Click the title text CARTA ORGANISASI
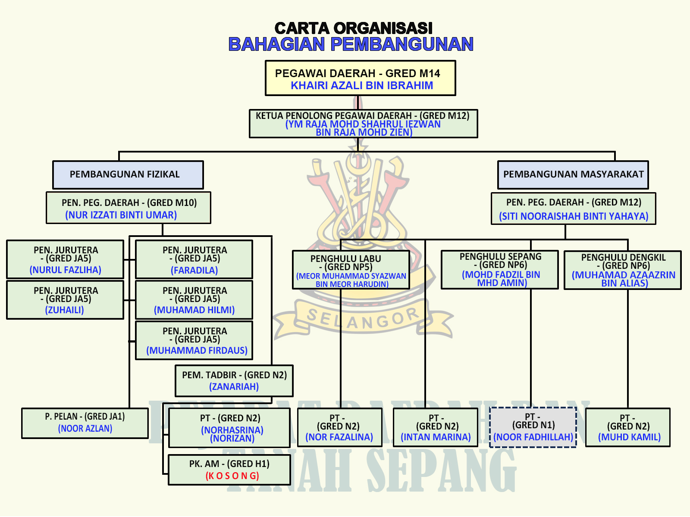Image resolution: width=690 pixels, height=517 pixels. tap(353, 28)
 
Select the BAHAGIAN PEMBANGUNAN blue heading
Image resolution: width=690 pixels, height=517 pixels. tap(351, 44)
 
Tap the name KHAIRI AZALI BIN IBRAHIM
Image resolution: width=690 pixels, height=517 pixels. tap(362, 85)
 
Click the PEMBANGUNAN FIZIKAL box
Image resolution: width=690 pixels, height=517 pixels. tap(128, 174)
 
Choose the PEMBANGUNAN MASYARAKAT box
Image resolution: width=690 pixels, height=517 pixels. tap(573, 174)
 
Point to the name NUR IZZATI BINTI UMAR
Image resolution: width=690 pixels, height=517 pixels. tap(121, 215)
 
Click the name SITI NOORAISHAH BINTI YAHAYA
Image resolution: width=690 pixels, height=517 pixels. tap(574, 216)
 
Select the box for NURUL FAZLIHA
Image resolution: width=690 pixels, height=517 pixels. tap(65, 259)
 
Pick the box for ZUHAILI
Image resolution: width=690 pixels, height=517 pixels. tap(65, 300)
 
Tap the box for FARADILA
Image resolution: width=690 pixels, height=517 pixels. tap(194, 259)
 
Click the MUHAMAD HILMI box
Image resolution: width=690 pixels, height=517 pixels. tap(194, 300)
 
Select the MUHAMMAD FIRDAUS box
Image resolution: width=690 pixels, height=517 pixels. tap(194, 340)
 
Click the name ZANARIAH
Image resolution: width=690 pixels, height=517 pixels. tap(234, 387)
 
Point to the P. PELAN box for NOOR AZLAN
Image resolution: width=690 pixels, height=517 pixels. tap(85, 423)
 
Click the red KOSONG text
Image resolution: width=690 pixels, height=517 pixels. tap(232, 476)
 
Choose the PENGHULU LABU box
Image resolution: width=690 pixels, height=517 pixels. tap(351, 270)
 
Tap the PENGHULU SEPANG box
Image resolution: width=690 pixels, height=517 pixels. tap(499, 270)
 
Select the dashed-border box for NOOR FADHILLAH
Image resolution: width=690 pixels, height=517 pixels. tap(533, 427)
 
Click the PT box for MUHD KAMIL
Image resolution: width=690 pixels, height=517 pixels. tap(628, 427)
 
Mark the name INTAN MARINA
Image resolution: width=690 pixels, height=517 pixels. tap(436, 437)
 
